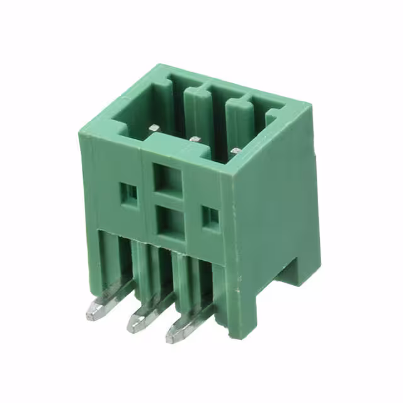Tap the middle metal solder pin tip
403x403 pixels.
(x=136, y=324)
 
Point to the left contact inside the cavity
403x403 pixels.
(x=153, y=128)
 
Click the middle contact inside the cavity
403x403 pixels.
(x=195, y=139)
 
